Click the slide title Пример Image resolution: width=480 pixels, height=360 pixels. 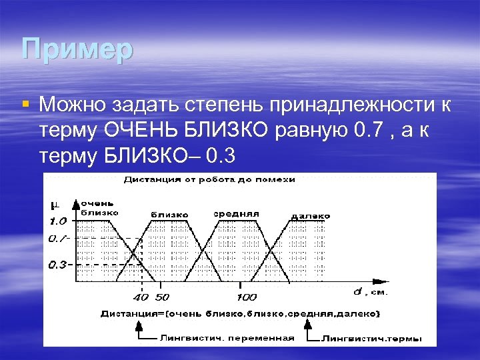click(x=77, y=50)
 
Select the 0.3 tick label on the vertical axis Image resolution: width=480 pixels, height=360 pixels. click(x=57, y=265)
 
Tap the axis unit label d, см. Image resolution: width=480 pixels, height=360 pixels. click(x=371, y=291)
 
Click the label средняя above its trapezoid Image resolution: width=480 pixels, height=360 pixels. click(x=236, y=214)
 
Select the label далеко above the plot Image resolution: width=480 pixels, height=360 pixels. click(x=310, y=217)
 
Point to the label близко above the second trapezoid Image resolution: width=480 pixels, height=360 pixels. click(x=169, y=215)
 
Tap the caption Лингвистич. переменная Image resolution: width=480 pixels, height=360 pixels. click(x=227, y=337)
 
